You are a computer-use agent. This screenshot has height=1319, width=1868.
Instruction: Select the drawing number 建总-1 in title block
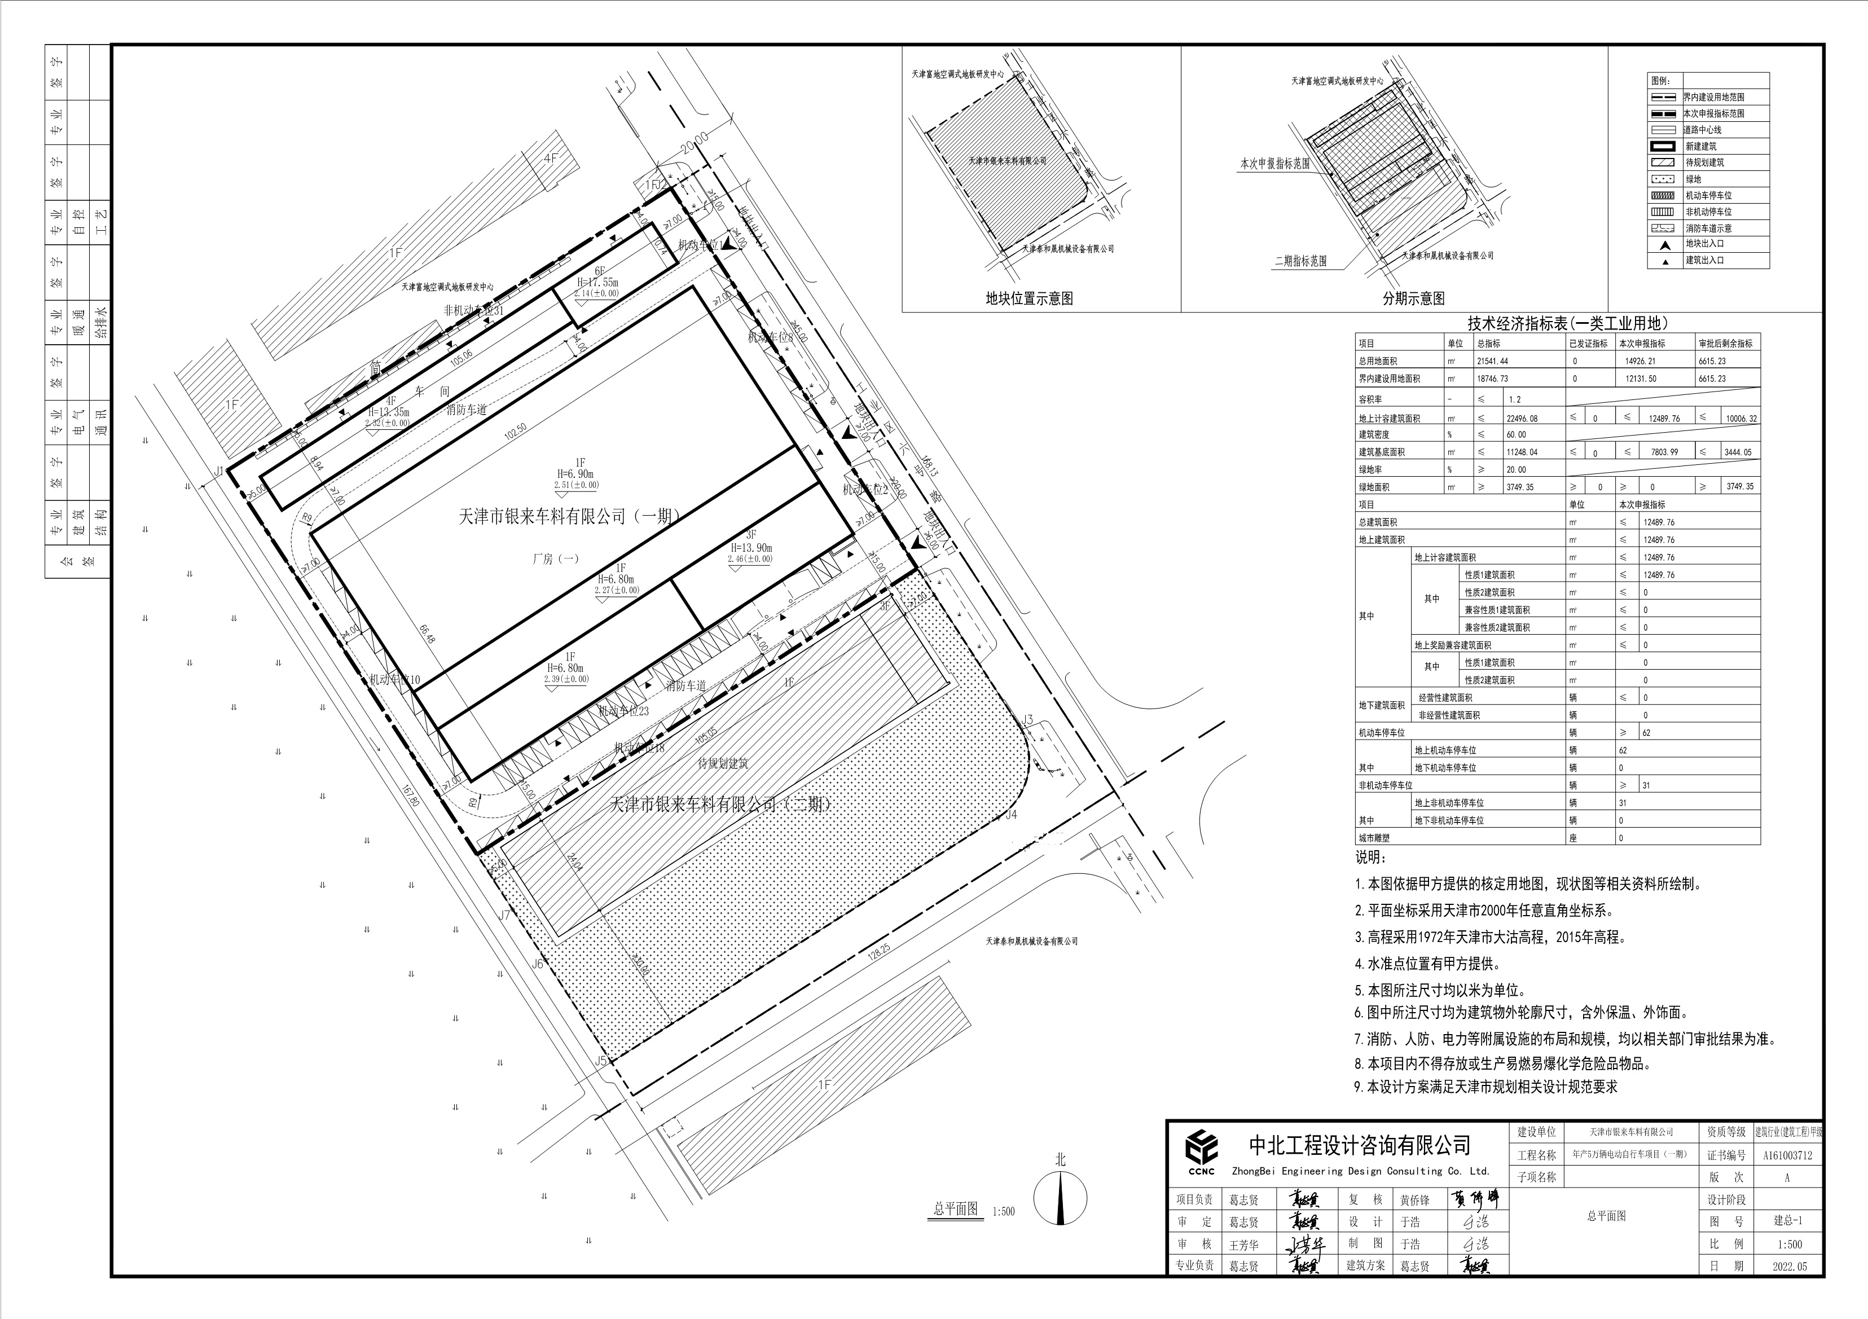pyautogui.click(x=1787, y=1220)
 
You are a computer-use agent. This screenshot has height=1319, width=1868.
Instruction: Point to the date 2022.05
pyautogui.click(x=1787, y=1266)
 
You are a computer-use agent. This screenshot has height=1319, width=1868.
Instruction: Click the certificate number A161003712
pyautogui.click(x=1787, y=1155)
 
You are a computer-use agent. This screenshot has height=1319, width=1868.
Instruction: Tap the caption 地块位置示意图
pyautogui.click(x=1029, y=298)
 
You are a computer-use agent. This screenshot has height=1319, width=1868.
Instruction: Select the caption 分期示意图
pyautogui.click(x=1413, y=298)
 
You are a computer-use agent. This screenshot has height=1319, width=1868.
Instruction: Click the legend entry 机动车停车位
pyautogui.click(x=1708, y=195)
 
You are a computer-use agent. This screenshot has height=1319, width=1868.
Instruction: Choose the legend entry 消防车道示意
pyautogui.click(x=1708, y=228)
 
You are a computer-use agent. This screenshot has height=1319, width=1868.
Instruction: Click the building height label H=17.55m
pyautogui.click(x=599, y=282)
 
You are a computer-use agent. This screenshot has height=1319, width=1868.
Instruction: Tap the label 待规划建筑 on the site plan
pyautogui.click(x=723, y=763)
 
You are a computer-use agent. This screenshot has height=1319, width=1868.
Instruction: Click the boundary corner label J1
pyautogui.click(x=219, y=471)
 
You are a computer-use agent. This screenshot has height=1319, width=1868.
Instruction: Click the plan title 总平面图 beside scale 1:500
pyautogui.click(x=955, y=1209)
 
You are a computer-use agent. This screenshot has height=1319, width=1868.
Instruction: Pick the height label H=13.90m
pyautogui.click(x=751, y=548)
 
